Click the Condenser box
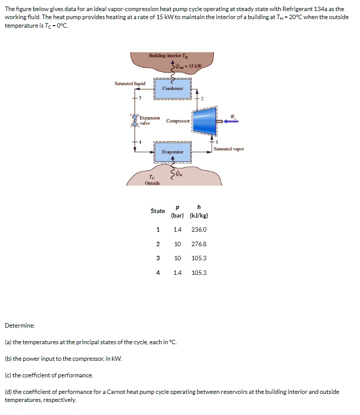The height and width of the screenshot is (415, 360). pyautogui.click(x=172, y=88)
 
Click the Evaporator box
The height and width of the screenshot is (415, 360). pyautogui.click(x=172, y=152)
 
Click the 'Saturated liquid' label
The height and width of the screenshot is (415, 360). pyautogui.click(x=130, y=83)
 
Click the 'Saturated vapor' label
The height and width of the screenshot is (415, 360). pyautogui.click(x=228, y=149)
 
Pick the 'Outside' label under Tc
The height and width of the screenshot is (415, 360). pyautogui.click(x=152, y=183)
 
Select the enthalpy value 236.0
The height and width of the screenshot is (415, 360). pyautogui.click(x=199, y=230)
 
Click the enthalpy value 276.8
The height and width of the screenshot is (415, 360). pyautogui.click(x=199, y=244)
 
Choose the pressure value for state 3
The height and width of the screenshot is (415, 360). pyautogui.click(x=177, y=258)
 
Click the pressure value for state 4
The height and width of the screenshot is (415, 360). pyautogui.click(x=177, y=273)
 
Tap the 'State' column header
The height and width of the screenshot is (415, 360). pyautogui.click(x=158, y=211)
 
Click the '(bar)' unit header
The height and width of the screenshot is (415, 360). pyautogui.click(x=177, y=216)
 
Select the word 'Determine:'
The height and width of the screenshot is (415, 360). pyautogui.click(x=20, y=326)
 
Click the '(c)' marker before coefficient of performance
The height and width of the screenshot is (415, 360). pyautogui.click(x=8, y=375)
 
